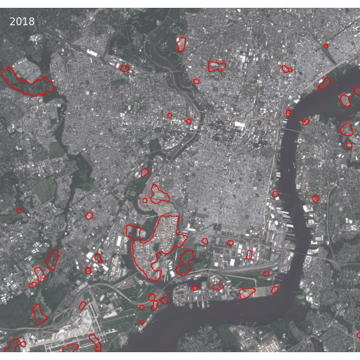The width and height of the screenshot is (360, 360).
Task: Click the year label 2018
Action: (22, 22)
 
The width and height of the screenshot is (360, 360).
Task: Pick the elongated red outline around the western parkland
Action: (27, 83)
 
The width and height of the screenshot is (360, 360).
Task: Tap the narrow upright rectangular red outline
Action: (249, 255)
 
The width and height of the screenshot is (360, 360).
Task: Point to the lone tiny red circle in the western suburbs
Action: (19, 211)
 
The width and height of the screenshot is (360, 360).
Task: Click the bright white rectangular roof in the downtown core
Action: (239, 125)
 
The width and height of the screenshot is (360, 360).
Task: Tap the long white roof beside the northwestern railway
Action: (92, 53)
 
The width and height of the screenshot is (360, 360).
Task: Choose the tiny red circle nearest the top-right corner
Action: (326, 46)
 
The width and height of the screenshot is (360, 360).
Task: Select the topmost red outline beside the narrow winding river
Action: (181, 44)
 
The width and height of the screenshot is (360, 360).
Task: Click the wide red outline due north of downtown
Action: (216, 66)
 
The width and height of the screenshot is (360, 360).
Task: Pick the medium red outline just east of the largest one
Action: (185, 261)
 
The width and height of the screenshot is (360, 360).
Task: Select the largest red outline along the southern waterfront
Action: (247, 293)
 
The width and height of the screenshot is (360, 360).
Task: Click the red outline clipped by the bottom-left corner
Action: (13, 346)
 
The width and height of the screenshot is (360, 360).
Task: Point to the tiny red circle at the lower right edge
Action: (358, 335)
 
